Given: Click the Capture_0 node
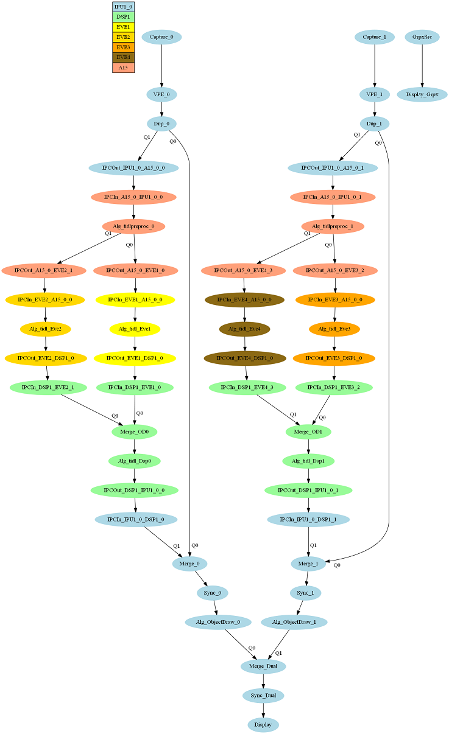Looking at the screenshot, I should click(x=161, y=37).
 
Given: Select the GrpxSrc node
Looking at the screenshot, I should click(x=422, y=37).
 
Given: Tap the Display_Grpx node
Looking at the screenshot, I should click(x=422, y=94).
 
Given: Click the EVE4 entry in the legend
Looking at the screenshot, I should click(x=123, y=57).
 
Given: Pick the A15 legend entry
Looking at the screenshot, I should click(x=123, y=68).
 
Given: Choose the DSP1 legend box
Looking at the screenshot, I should click(x=123, y=17).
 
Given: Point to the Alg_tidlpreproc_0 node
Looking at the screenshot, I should click(x=133, y=227).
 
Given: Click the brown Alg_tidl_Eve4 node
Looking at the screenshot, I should click(x=244, y=329).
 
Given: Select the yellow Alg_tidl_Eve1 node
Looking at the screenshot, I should click(x=135, y=329).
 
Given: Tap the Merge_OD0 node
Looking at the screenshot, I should click(x=135, y=432).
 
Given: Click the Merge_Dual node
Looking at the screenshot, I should click(x=263, y=666).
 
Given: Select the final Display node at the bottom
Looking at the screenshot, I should click(x=263, y=725).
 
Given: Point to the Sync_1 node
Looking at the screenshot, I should click(x=305, y=593).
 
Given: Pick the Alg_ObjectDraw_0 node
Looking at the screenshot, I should click(x=217, y=622).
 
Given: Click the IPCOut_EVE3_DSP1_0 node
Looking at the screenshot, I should click(x=334, y=358).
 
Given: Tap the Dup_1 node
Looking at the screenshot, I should click(x=375, y=124).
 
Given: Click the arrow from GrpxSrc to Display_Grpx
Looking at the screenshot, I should click(x=422, y=66).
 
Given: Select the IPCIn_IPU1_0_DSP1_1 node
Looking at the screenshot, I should click(x=308, y=519).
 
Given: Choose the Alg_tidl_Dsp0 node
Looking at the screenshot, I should click(x=135, y=461).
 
